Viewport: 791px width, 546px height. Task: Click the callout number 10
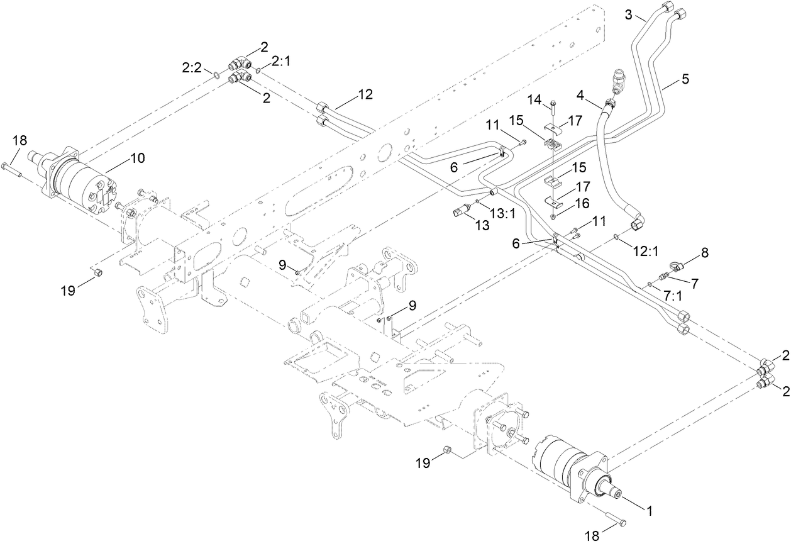(x=136, y=158)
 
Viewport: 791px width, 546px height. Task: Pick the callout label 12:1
(x=644, y=251)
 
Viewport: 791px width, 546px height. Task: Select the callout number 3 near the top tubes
(x=629, y=14)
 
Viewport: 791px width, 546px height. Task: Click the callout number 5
(x=685, y=79)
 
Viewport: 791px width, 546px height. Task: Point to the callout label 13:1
(x=502, y=214)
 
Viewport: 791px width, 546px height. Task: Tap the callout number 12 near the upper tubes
(x=365, y=94)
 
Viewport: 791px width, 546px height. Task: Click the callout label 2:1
(x=280, y=60)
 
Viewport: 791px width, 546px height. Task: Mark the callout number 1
(x=650, y=511)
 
